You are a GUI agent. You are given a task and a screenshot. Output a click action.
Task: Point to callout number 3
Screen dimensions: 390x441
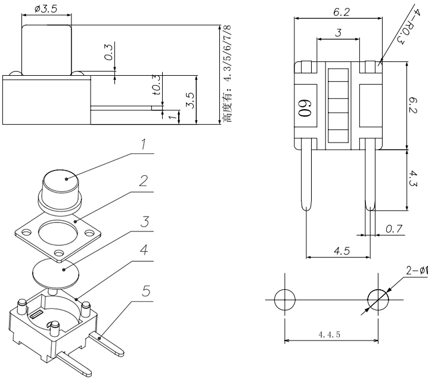(143, 222)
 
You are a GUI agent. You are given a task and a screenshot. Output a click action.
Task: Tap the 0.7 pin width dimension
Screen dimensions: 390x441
(393, 229)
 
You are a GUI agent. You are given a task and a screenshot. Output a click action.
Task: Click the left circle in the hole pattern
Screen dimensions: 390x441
(284, 299)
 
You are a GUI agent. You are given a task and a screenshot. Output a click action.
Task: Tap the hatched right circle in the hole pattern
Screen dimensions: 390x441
(377, 299)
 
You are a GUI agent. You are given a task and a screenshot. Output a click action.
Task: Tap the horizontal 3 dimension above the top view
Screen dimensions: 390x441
(338, 33)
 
